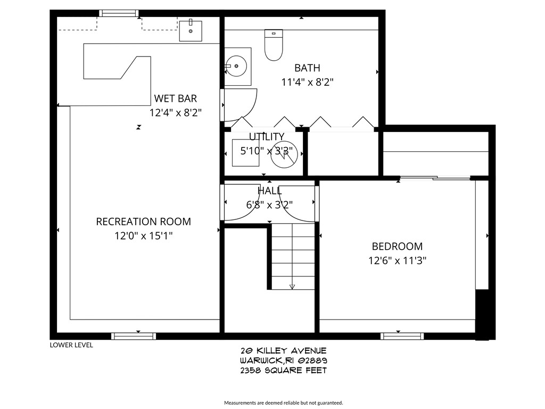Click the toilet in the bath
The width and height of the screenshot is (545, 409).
(x=274, y=45)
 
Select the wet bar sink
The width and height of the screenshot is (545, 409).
(x=190, y=30)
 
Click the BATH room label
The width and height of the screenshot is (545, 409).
(x=307, y=68)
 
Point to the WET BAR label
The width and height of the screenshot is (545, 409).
(x=175, y=98)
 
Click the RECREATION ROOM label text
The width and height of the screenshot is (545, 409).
(x=143, y=222)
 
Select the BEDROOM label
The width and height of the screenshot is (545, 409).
(x=397, y=246)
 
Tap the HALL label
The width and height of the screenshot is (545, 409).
(x=270, y=191)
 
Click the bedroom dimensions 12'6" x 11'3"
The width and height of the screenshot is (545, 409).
(x=397, y=260)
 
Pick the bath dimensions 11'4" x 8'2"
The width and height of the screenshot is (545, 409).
(x=307, y=82)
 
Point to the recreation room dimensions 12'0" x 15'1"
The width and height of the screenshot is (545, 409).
(x=143, y=236)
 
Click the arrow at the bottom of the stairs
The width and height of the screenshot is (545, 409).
(x=292, y=287)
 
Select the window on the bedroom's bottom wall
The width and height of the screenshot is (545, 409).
(x=402, y=336)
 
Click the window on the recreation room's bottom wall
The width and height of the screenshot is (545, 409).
(x=134, y=336)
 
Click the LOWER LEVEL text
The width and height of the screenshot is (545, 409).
(x=71, y=345)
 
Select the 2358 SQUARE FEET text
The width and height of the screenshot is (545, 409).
(x=283, y=370)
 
